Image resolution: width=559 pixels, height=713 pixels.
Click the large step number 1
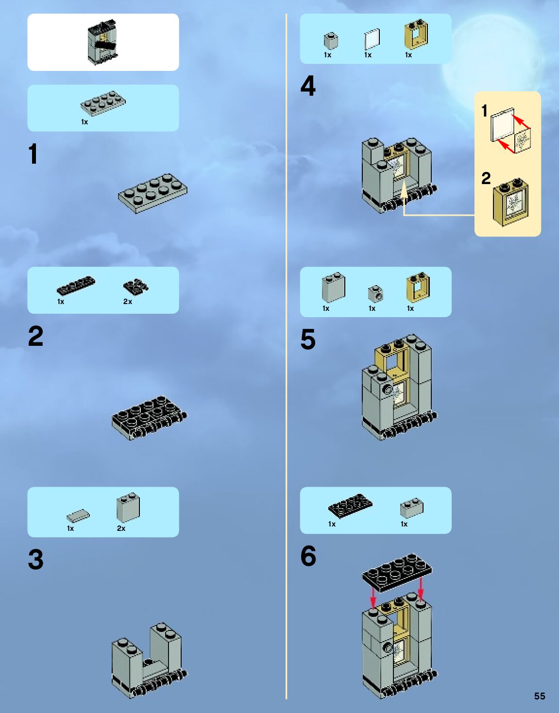33,154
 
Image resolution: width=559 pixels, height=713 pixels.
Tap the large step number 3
35,559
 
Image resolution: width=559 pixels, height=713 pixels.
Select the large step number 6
308,556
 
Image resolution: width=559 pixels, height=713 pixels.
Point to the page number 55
539,696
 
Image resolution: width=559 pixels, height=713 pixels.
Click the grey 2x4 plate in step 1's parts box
103,103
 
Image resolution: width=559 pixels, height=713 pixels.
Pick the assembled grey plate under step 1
152,193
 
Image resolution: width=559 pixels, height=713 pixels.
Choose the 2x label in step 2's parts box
127,302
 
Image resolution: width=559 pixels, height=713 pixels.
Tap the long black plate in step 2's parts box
76,286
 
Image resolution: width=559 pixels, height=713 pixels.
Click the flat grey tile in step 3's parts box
78,515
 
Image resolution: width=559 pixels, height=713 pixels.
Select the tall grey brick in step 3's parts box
128,508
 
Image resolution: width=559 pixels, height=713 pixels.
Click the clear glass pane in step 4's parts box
372,39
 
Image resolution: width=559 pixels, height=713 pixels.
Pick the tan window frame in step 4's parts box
416,35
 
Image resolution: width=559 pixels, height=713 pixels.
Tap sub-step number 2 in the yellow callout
486,178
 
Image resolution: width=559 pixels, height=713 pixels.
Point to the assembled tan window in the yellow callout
511,203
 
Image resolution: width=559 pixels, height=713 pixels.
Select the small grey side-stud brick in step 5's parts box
375,293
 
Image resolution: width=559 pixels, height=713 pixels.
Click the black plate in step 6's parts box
350,506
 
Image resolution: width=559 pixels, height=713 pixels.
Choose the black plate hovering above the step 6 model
396,572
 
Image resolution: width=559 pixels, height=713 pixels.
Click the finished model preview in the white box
103,42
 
